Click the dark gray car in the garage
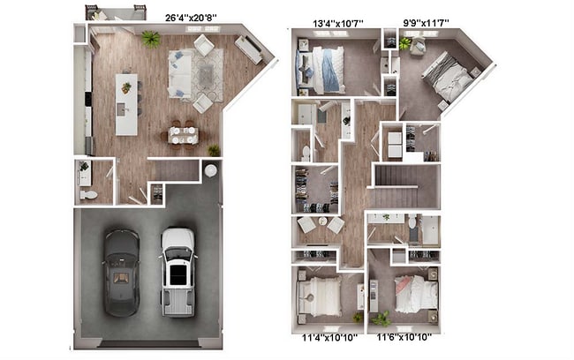[x=121, y=272]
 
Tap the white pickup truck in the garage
[x=177, y=271]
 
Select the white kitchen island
[x=126, y=103]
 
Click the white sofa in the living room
[x=180, y=73]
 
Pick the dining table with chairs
[x=184, y=134]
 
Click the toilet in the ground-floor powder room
[x=89, y=193]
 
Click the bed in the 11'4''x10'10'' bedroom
[x=323, y=296]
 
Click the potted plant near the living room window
[x=151, y=39]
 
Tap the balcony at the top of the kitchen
[x=115, y=13]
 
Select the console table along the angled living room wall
[x=248, y=50]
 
